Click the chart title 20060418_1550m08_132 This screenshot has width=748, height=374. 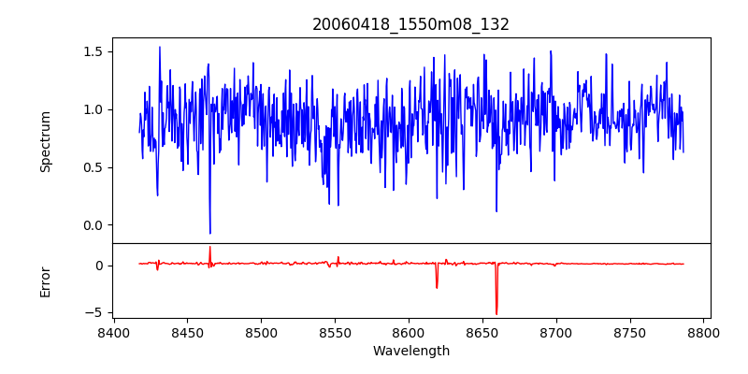(410, 24)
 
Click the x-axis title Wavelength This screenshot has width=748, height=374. (410, 351)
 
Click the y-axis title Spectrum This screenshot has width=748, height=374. (46, 141)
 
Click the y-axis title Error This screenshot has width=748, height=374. (46, 281)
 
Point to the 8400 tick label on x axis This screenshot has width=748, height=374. (113, 332)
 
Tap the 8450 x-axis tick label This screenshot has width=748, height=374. (187, 332)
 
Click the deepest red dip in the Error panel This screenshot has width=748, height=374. (496, 313)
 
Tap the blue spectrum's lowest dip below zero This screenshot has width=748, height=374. (210, 233)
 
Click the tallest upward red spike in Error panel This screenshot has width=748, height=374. (209, 248)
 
